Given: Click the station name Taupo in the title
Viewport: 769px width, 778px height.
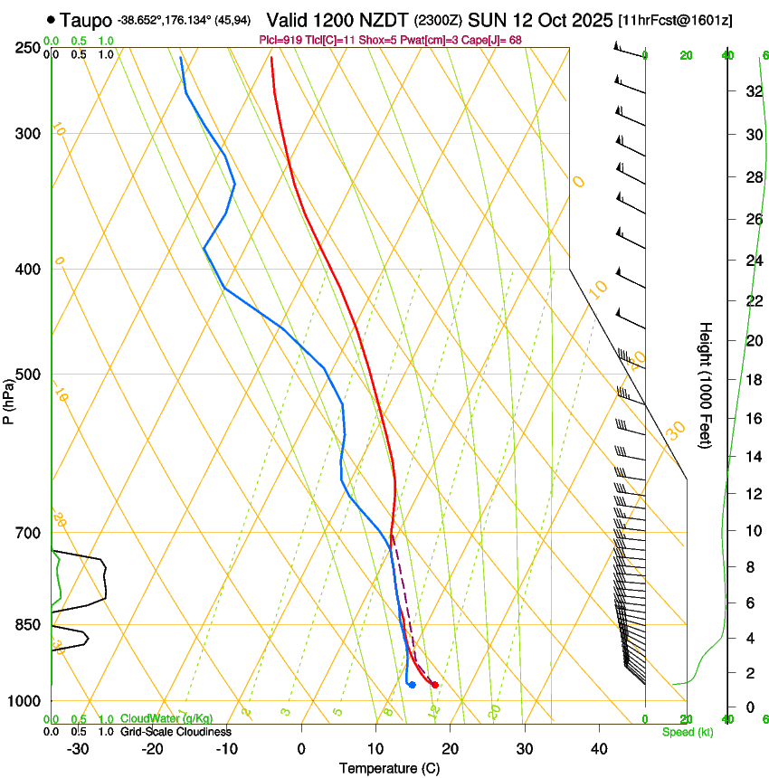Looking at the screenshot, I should pyautogui.click(x=86, y=19).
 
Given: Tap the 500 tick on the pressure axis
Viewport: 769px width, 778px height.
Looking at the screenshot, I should pyautogui.click(x=29, y=375).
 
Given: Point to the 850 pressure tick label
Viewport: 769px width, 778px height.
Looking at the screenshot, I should pyautogui.click(x=29, y=624).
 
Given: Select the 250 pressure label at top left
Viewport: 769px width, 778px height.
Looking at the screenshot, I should pyautogui.click(x=29, y=47).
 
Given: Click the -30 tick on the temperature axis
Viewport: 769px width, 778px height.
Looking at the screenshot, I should pyautogui.click(x=78, y=748).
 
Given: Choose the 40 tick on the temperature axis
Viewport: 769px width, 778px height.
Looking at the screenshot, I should pyautogui.click(x=598, y=748).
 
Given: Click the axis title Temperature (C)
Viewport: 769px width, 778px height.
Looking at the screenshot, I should pyautogui.click(x=389, y=768).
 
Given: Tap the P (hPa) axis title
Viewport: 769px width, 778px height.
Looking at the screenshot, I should pyautogui.click(x=9, y=398).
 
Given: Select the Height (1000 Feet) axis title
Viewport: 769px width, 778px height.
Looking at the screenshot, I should pyautogui.click(x=707, y=384).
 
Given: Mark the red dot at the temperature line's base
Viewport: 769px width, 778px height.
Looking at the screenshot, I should pyautogui.click(x=435, y=685).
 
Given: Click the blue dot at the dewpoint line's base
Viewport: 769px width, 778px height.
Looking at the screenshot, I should pyautogui.click(x=412, y=685).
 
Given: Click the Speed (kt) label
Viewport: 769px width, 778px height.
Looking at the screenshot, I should pyautogui.click(x=687, y=732).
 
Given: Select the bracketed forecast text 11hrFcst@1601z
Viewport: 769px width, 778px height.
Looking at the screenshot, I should pyautogui.click(x=675, y=20).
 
